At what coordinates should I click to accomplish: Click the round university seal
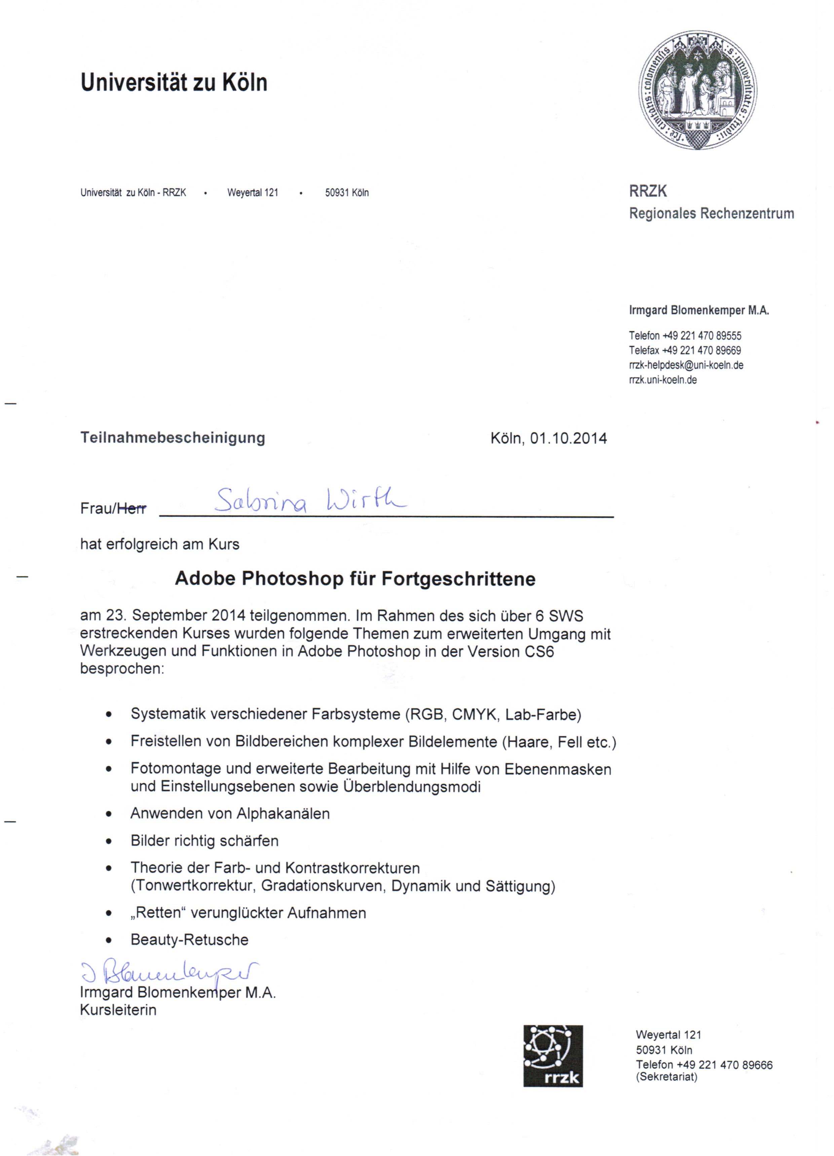click(x=697, y=90)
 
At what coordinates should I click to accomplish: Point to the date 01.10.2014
click(x=568, y=438)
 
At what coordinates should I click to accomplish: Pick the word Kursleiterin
click(x=118, y=1010)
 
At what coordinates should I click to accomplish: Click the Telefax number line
click(x=685, y=350)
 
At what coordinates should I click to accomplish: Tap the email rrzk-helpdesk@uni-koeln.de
click(x=686, y=365)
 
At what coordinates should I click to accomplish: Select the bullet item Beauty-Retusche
click(x=189, y=939)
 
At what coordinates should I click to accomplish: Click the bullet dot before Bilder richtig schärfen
click(x=109, y=841)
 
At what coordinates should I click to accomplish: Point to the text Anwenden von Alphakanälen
click(x=230, y=814)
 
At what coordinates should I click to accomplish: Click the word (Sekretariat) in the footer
click(x=666, y=1077)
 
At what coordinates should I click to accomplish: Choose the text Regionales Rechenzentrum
click(x=711, y=213)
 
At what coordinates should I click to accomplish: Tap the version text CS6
click(x=539, y=651)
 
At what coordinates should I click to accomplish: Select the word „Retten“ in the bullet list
click(x=158, y=912)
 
